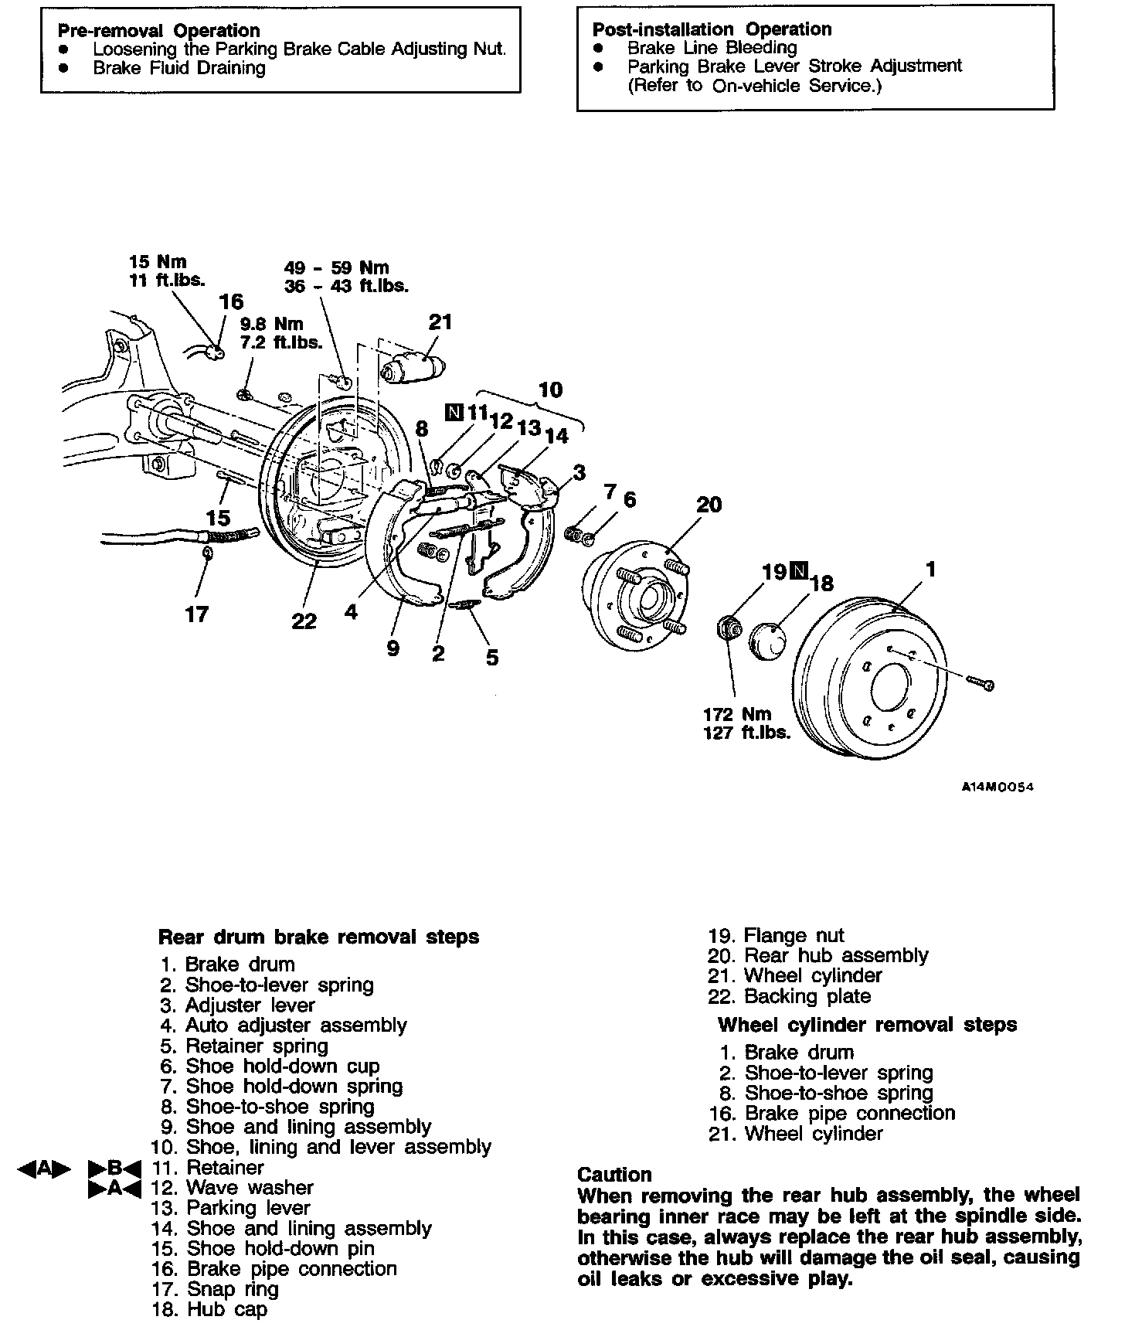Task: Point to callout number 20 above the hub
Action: [x=709, y=505]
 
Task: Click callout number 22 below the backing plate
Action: [x=304, y=621]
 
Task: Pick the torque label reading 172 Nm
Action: [x=737, y=714]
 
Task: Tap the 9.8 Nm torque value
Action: [x=271, y=324]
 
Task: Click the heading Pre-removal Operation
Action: [x=159, y=31]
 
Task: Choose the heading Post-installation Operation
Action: [x=712, y=29]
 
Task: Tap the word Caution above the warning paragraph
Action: [x=614, y=1175]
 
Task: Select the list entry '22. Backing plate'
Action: [x=789, y=996]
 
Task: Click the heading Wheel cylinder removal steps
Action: [x=867, y=1025]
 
